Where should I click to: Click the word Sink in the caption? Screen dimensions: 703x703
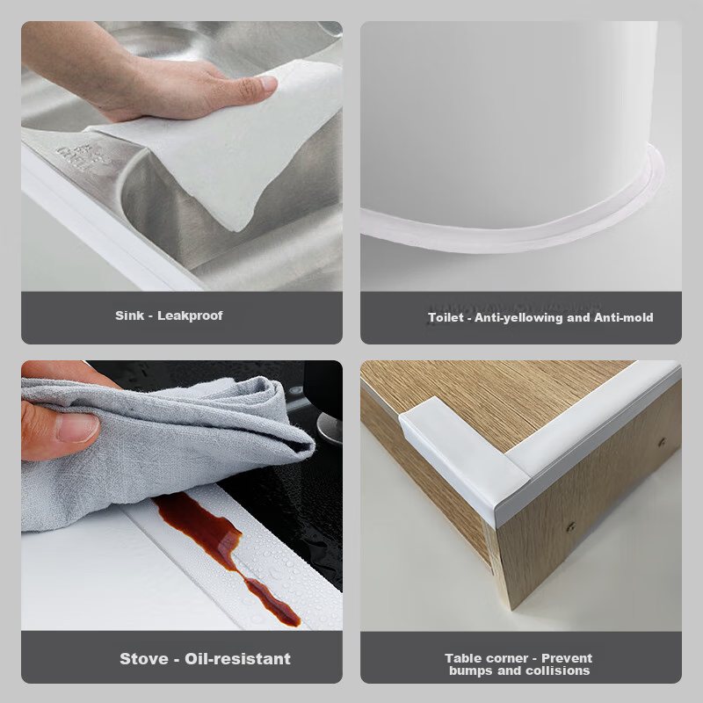[129, 315]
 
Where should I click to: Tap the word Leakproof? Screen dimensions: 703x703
[190, 316]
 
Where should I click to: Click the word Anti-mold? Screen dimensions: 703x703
[624, 317]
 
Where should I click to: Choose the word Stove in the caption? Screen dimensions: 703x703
[144, 658]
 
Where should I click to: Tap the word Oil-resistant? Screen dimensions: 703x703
[237, 658]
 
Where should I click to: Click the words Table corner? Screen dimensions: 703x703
[487, 658]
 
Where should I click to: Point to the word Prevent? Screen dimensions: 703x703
[567, 658]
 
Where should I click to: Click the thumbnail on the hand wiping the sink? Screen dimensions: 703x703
[267, 83]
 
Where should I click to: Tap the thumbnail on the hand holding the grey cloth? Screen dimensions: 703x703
[78, 428]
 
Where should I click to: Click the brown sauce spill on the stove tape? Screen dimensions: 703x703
[224, 551]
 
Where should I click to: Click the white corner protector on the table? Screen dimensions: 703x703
[467, 457]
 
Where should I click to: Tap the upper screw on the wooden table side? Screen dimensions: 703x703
[662, 443]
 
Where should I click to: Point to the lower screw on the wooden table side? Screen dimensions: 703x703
[570, 526]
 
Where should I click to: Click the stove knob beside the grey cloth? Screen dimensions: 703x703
[329, 427]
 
